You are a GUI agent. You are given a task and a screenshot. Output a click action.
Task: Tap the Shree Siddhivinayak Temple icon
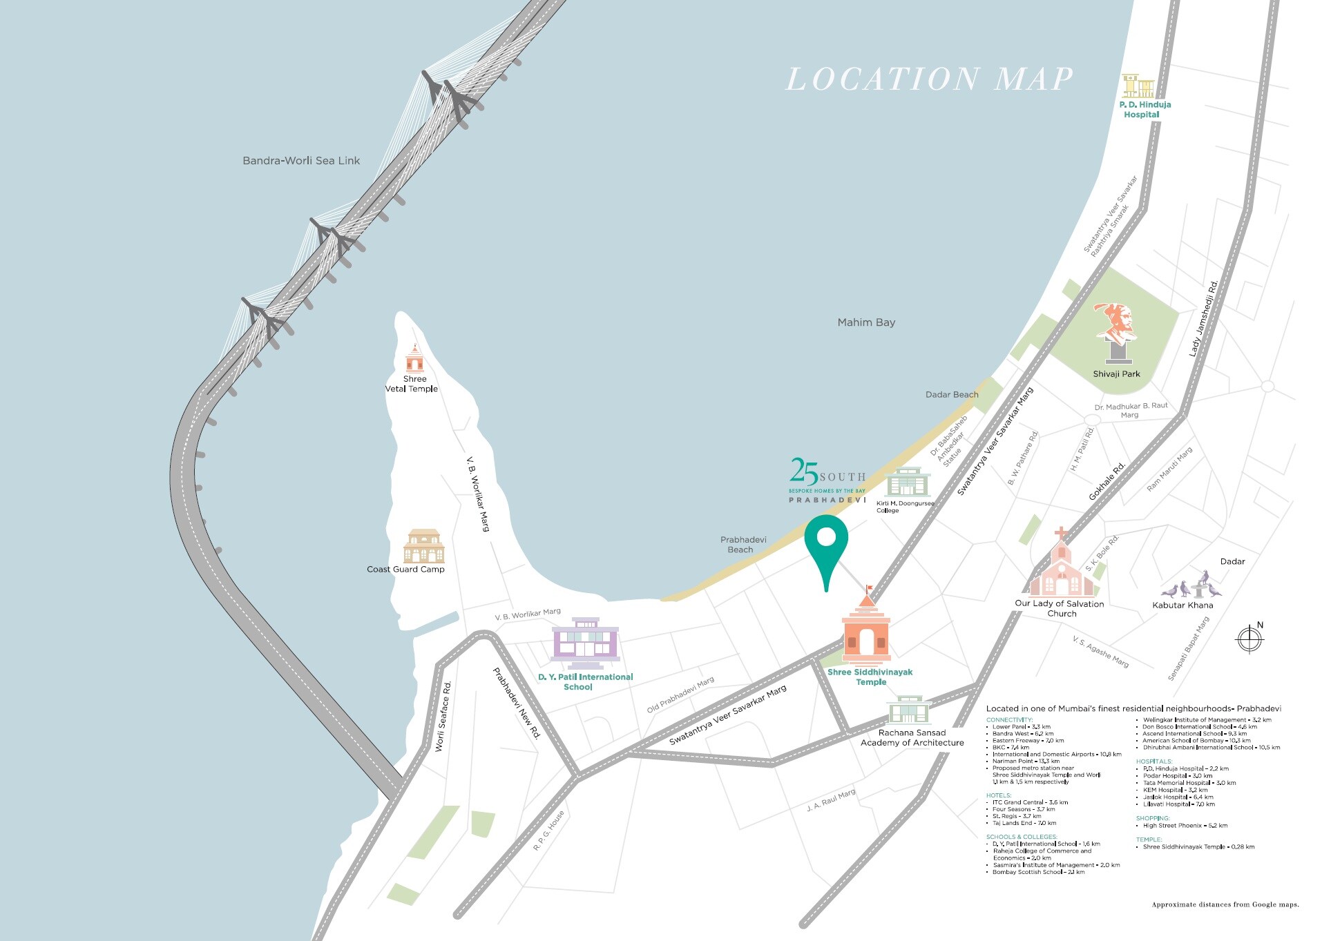point(866,630)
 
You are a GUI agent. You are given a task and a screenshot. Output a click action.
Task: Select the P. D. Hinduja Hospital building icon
point(1138,86)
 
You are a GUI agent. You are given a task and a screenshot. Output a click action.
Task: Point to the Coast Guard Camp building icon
point(423,547)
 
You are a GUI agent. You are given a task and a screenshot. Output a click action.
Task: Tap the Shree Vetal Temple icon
point(414,359)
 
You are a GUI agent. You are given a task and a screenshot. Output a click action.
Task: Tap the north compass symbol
point(1249,638)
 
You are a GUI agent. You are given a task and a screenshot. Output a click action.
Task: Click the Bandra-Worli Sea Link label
point(301,161)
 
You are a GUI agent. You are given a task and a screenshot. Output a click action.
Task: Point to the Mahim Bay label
point(866,322)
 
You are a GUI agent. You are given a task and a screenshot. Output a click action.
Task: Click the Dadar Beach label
point(952,395)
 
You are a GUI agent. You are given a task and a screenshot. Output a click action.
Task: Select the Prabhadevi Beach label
point(743,545)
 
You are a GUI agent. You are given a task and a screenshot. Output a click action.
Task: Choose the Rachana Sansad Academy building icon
point(908,710)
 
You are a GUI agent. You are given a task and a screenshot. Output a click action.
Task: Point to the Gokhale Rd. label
point(1107,481)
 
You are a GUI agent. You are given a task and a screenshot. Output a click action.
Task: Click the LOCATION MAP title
point(930,79)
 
